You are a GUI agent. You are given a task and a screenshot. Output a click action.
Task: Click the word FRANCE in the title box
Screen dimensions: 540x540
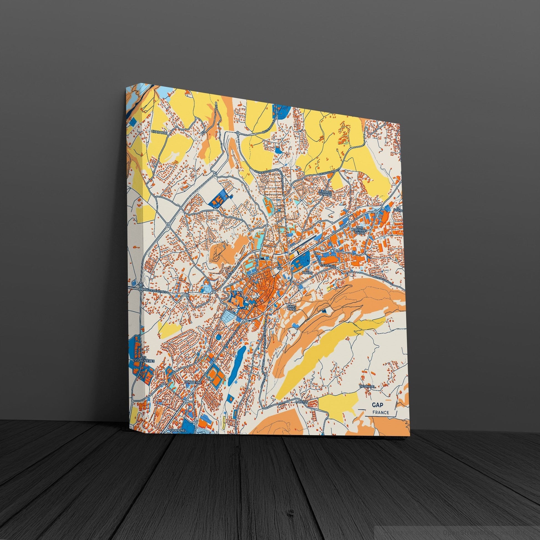point(380,413)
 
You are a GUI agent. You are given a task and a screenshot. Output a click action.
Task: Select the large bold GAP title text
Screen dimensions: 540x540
point(378,405)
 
